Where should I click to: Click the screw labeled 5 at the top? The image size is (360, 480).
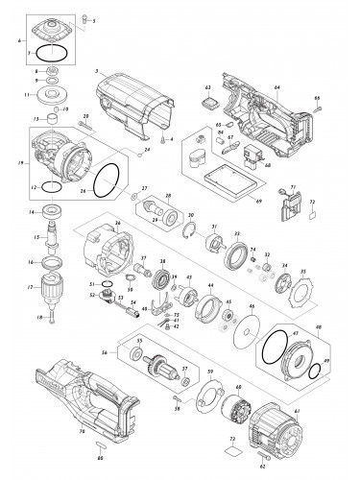click(x=84, y=18)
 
